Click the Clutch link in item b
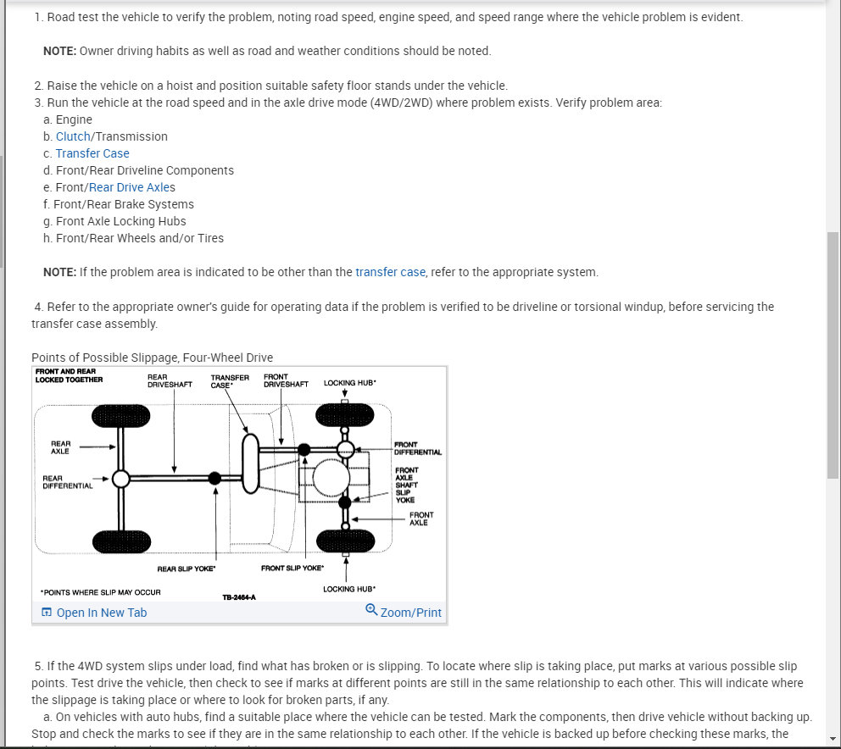(x=73, y=136)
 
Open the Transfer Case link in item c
(x=92, y=153)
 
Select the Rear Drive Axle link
(x=128, y=187)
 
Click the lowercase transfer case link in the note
(x=390, y=272)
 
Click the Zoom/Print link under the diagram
(x=411, y=613)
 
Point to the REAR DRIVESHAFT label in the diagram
(x=170, y=380)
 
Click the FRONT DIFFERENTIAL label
(x=417, y=448)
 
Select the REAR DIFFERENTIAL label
(x=67, y=482)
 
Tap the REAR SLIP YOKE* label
(x=186, y=569)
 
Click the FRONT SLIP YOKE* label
(x=292, y=568)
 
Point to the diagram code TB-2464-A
(x=239, y=597)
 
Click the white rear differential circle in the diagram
(x=121, y=479)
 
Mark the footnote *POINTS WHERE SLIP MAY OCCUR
(x=100, y=592)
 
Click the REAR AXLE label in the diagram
(x=60, y=447)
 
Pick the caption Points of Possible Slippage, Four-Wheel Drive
(x=152, y=358)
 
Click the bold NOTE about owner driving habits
(x=59, y=51)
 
